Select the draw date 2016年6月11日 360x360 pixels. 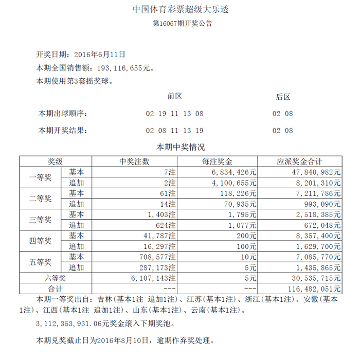(100, 54)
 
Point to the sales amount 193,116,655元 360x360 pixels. (123, 67)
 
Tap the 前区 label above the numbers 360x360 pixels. (175, 96)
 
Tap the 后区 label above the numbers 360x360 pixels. (283, 97)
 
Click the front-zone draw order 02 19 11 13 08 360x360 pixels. (175, 114)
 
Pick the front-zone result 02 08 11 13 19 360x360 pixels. (175, 131)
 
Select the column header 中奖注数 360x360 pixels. (134, 161)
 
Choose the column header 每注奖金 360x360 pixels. (218, 161)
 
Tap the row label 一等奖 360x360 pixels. (40, 177)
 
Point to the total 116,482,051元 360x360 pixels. (315, 288)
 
